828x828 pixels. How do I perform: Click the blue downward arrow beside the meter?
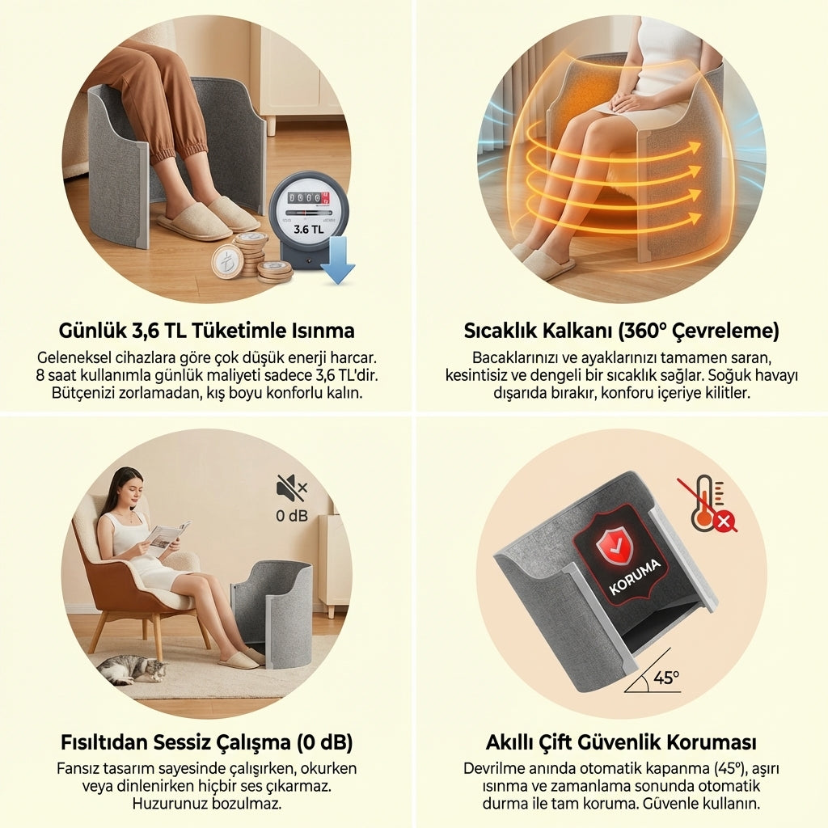[x=337, y=260]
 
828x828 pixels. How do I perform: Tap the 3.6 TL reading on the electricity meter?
[x=308, y=230]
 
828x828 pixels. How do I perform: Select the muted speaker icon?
[x=291, y=488]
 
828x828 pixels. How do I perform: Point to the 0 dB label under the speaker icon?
[x=291, y=515]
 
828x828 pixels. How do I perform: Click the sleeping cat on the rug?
[x=132, y=669]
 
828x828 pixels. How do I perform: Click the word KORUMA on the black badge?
[x=635, y=577]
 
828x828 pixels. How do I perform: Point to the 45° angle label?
[x=666, y=677]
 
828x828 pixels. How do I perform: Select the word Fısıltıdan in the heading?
[x=104, y=742]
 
